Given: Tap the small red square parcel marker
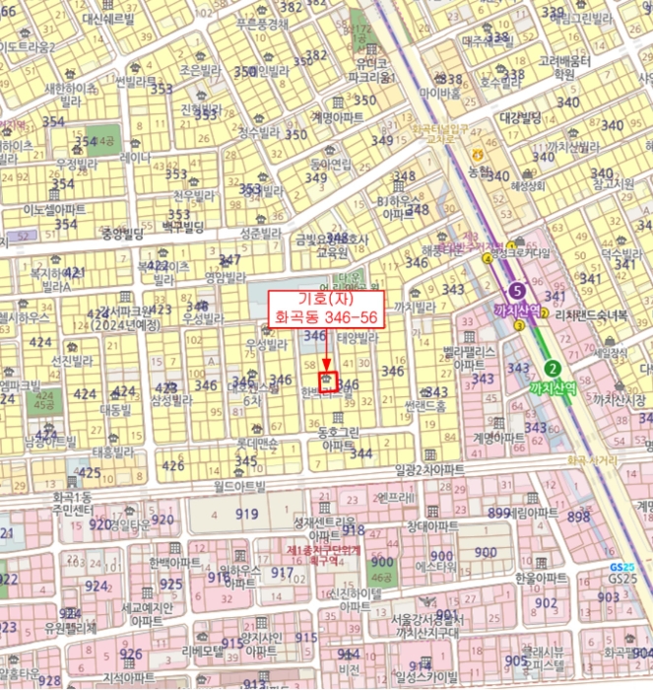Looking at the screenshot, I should point(327,379).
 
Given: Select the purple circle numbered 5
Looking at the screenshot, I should point(517,291).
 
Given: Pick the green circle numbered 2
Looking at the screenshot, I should point(553,369).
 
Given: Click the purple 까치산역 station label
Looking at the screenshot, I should point(517,310).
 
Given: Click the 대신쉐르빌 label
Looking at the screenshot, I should point(115,19).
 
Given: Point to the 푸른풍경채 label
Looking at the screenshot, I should point(262,24).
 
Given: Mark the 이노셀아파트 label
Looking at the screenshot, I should point(54,209).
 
